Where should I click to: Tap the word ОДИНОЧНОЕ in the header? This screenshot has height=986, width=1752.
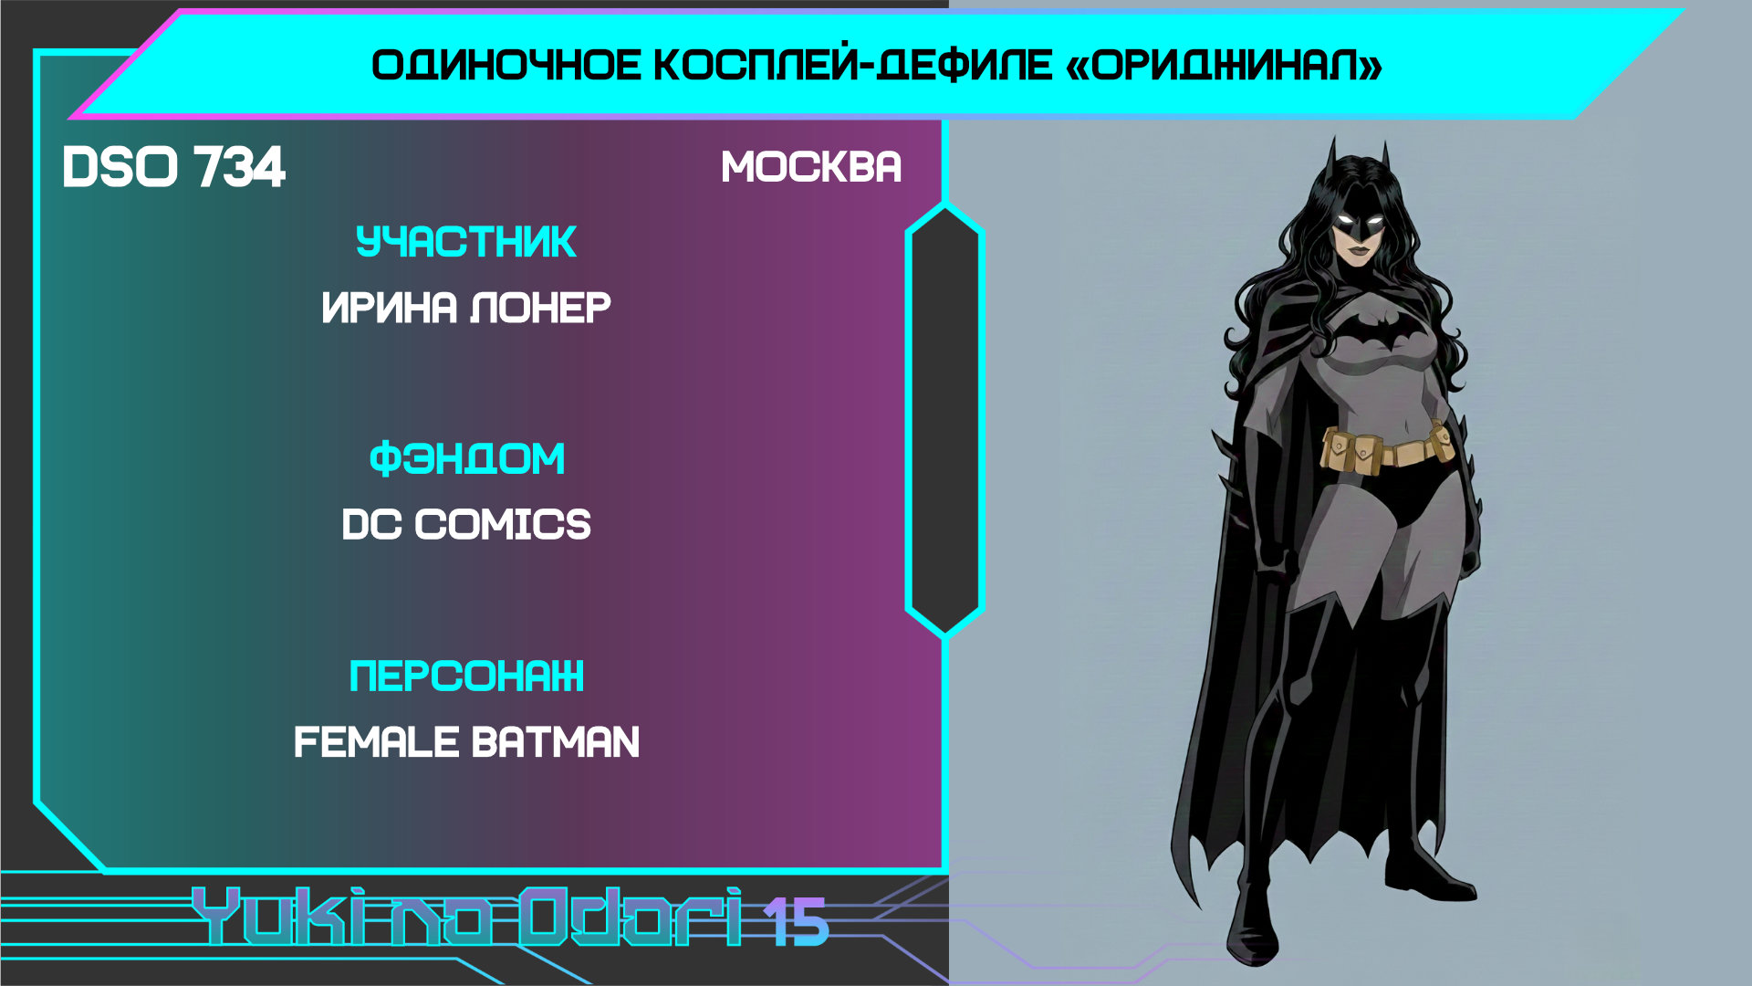point(506,66)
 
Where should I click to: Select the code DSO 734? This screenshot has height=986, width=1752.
point(173,167)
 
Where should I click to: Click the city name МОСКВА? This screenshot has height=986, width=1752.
point(811,167)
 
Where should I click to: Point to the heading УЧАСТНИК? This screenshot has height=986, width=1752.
point(465,242)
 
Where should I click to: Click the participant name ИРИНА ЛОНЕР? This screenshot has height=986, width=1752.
point(466,308)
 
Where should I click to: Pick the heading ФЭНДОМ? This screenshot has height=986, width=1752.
point(466,458)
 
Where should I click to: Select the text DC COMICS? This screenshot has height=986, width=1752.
point(466,524)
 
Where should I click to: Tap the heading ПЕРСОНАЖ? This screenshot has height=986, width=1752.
point(466,677)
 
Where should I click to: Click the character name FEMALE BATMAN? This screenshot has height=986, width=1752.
point(466,741)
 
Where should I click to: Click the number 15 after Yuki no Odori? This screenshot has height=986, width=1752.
point(796,921)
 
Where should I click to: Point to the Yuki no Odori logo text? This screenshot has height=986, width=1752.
point(466,916)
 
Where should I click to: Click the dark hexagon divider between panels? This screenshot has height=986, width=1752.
point(944,420)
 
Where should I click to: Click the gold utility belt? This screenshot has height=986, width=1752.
point(1388,447)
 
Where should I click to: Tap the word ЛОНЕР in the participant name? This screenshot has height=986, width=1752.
point(540,308)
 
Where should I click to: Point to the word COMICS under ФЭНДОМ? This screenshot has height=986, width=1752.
point(503,524)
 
